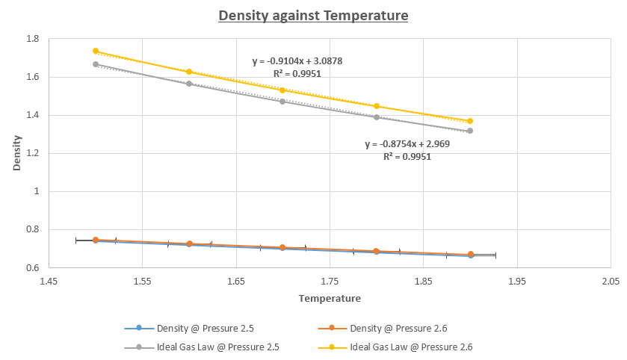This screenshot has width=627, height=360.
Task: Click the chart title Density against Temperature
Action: [x=313, y=16]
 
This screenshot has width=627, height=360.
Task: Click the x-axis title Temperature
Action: [x=330, y=299]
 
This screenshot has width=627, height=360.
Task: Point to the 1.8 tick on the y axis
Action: [x=34, y=39]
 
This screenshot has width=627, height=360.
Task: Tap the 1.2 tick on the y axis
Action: [x=34, y=153]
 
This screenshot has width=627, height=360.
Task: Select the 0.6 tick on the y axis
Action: [x=34, y=267]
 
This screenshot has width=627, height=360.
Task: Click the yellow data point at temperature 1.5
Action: [x=96, y=51]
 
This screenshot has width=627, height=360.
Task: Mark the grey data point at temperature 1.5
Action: [x=96, y=64]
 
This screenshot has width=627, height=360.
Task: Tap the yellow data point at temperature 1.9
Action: [x=470, y=121]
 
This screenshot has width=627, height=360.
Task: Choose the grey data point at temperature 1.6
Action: [x=189, y=84]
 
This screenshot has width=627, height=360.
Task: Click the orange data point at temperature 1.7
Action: [x=282, y=247]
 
